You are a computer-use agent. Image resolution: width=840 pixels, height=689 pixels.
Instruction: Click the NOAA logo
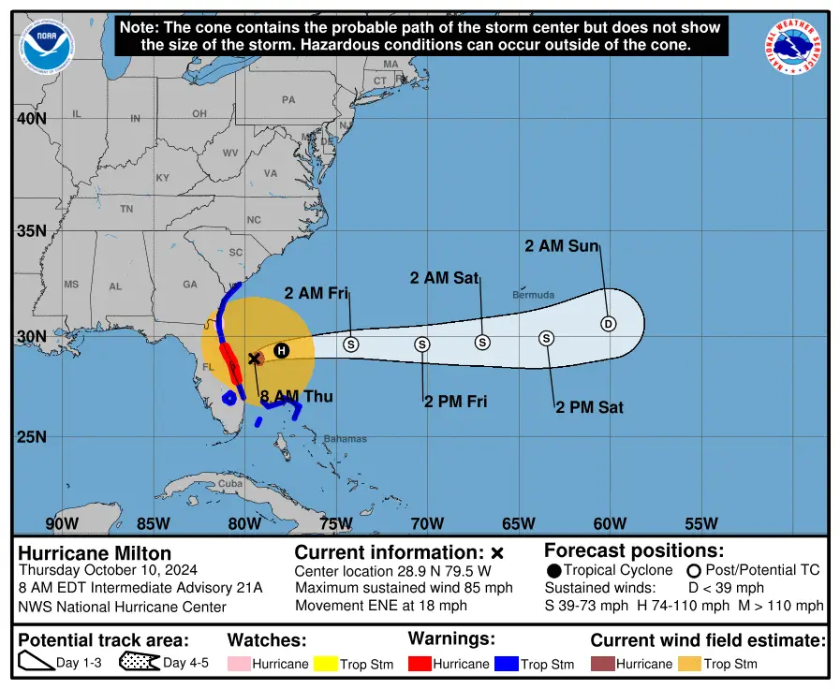pos(47,47)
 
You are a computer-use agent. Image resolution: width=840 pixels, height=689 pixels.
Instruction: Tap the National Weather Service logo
pos(794,47)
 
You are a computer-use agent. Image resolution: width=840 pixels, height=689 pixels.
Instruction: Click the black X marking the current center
pos(254,358)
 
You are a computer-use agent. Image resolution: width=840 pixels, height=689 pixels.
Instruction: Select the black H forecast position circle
pos(281,350)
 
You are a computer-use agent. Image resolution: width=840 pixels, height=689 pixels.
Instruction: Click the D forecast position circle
pos(608,324)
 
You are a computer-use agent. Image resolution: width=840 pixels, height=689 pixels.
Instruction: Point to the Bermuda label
pos(533,295)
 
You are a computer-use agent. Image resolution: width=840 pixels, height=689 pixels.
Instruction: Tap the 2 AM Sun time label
pos(561,246)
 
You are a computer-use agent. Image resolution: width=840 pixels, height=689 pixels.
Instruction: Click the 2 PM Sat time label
pos(589,407)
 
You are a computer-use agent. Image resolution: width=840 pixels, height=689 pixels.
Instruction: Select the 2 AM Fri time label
pos(317,294)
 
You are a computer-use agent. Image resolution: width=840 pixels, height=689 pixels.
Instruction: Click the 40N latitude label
pos(31,119)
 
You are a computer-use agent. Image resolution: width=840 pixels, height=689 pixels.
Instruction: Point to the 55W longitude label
pos(700,523)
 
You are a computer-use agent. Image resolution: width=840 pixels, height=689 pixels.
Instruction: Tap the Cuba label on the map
pos(229,484)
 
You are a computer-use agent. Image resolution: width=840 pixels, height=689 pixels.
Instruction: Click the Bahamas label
pos(345,439)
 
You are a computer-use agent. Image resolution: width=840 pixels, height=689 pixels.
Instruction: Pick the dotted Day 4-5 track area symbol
pos(139,663)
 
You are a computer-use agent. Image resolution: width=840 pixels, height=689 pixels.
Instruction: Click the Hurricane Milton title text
pos(95,553)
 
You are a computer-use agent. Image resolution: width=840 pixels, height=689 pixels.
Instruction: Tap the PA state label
pos(288,99)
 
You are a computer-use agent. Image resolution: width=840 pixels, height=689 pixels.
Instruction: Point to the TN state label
pos(125,209)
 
